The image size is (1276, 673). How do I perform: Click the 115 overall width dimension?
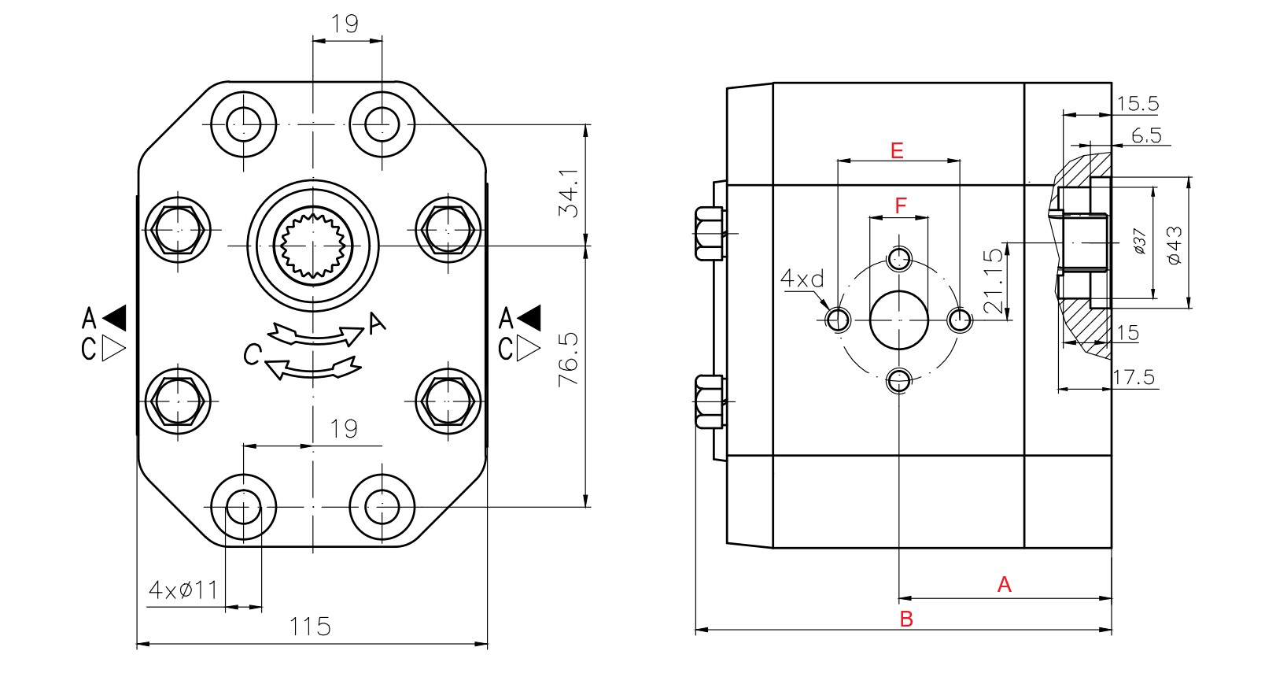[x=309, y=627]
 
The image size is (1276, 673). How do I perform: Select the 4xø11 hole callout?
[x=183, y=590]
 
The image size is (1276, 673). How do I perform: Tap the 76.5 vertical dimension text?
[x=568, y=358]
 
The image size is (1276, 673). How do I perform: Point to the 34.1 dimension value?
[x=568, y=193]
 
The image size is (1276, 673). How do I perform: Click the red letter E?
[x=897, y=150]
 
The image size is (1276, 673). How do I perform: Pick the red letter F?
[x=901, y=206]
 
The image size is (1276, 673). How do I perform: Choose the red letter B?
[x=906, y=619]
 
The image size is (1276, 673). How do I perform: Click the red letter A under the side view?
[x=1004, y=585]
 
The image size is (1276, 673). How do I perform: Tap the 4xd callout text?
[x=802, y=279]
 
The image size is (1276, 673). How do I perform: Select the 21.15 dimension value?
[x=994, y=280]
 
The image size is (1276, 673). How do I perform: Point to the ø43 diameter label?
[x=1175, y=245]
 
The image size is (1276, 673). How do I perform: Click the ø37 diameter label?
[x=1139, y=241]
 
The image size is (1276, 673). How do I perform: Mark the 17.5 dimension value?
[x=1134, y=378]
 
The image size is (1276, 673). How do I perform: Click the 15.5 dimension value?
[x=1138, y=104]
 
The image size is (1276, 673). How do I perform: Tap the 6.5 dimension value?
[x=1146, y=136]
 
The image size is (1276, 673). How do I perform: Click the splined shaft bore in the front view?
[x=313, y=246]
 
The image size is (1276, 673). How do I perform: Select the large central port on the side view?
[x=898, y=320]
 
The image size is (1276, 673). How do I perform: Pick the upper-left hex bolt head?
[x=179, y=230]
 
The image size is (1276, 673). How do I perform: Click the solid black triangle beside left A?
[x=115, y=318]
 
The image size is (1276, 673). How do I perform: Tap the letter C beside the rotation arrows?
[x=252, y=355]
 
